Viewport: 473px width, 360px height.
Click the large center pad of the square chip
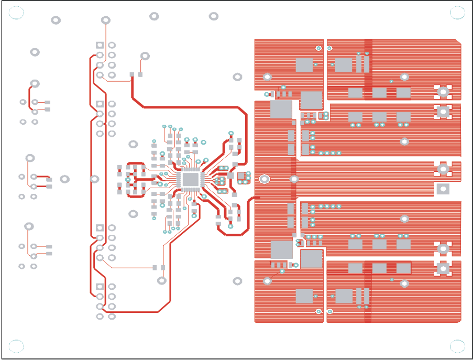point(191,179)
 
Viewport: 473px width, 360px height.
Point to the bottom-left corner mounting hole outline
point(16,346)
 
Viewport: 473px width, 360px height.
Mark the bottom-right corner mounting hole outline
point(457,346)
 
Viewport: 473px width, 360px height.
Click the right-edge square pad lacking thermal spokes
point(443,189)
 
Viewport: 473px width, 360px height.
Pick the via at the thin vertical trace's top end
point(105,20)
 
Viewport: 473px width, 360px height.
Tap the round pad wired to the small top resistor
point(145,56)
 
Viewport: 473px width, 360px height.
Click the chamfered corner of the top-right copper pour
point(458,42)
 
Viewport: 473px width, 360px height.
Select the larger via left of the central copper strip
point(265,179)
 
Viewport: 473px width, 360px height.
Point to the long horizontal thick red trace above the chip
point(189,107)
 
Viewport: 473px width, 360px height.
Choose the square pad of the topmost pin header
point(100,45)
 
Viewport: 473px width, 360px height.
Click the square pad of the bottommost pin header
point(100,287)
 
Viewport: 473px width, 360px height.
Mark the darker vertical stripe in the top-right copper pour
point(368,68)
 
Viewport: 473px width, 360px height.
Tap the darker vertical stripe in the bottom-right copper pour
point(368,291)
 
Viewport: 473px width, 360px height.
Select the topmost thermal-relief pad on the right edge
point(443,92)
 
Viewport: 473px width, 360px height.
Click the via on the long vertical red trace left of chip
point(94,179)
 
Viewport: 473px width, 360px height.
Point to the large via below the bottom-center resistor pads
point(162,281)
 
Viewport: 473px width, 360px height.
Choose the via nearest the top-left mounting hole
point(56,20)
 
